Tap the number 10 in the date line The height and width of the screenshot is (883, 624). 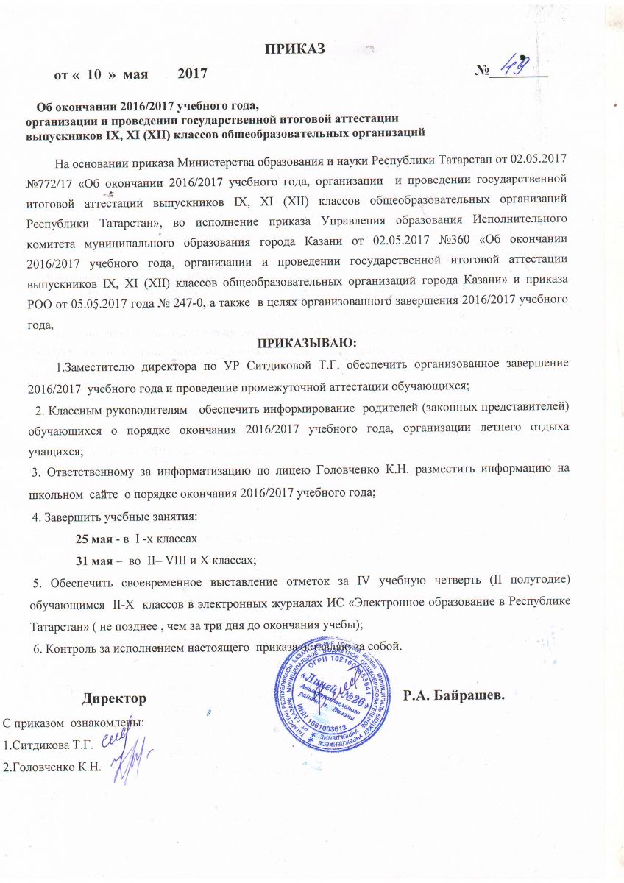click(x=94, y=74)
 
